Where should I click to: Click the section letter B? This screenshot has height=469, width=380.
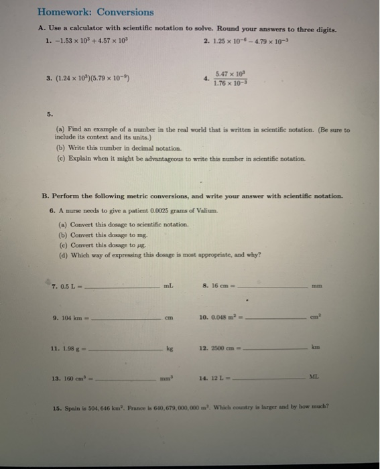click(x=46, y=196)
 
